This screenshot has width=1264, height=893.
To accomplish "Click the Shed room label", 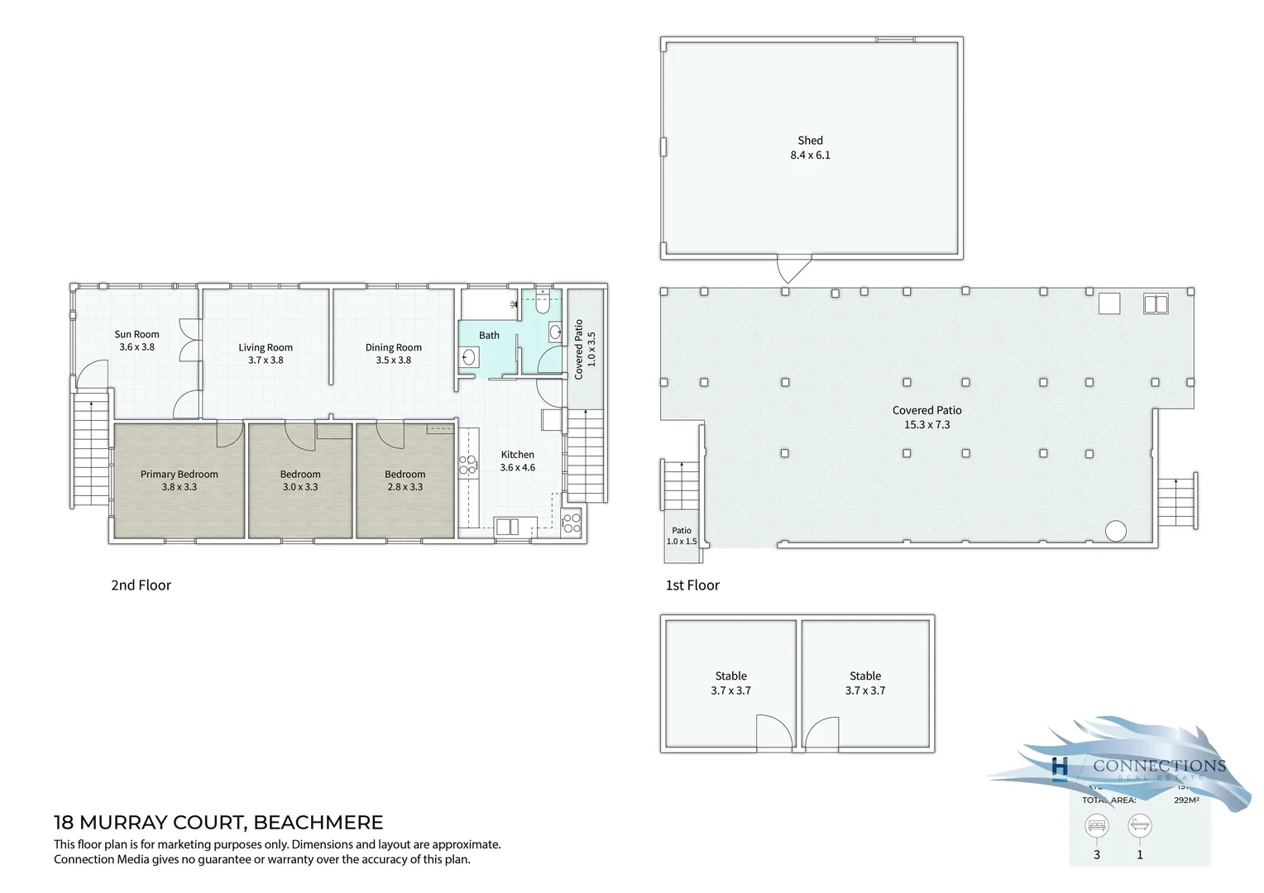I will click(x=810, y=141).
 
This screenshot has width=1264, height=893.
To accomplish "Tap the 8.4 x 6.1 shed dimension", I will click(x=810, y=155).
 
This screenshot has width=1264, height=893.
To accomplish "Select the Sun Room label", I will click(x=136, y=335).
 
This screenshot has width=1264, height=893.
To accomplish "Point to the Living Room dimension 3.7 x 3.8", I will click(x=266, y=361).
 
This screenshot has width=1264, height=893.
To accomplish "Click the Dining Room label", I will click(x=394, y=348).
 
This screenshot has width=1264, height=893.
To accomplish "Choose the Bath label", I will click(x=489, y=336).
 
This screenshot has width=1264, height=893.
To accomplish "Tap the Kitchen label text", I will click(x=518, y=455).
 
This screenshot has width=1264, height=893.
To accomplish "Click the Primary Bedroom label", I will click(x=180, y=475).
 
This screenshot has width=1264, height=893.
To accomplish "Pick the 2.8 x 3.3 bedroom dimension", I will click(x=405, y=487).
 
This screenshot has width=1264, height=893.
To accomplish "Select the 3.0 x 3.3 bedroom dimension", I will click(x=300, y=487).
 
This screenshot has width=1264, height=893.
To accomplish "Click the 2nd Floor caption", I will click(x=141, y=585).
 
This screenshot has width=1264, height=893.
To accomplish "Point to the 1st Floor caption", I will click(x=692, y=585).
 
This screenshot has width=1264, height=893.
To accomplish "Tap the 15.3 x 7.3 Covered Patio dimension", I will click(x=926, y=425).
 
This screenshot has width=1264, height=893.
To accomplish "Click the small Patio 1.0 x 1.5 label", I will click(x=682, y=536).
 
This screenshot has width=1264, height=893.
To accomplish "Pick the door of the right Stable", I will click(x=821, y=733).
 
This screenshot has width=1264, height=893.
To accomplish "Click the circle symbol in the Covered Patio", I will click(x=1115, y=530).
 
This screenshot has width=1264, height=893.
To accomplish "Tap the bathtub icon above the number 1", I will click(x=1139, y=825).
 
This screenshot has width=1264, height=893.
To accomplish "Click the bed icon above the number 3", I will click(x=1097, y=825).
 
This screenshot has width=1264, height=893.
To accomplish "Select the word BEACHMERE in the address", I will click(x=318, y=823).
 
